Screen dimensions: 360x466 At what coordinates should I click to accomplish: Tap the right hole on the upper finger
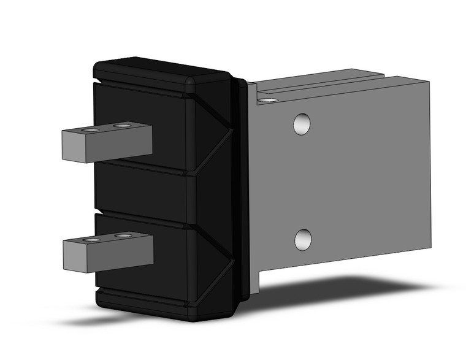tap(123, 126)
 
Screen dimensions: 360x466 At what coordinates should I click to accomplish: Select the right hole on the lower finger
tap(124, 235)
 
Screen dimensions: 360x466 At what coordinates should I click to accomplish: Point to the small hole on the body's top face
tap(267, 99)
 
